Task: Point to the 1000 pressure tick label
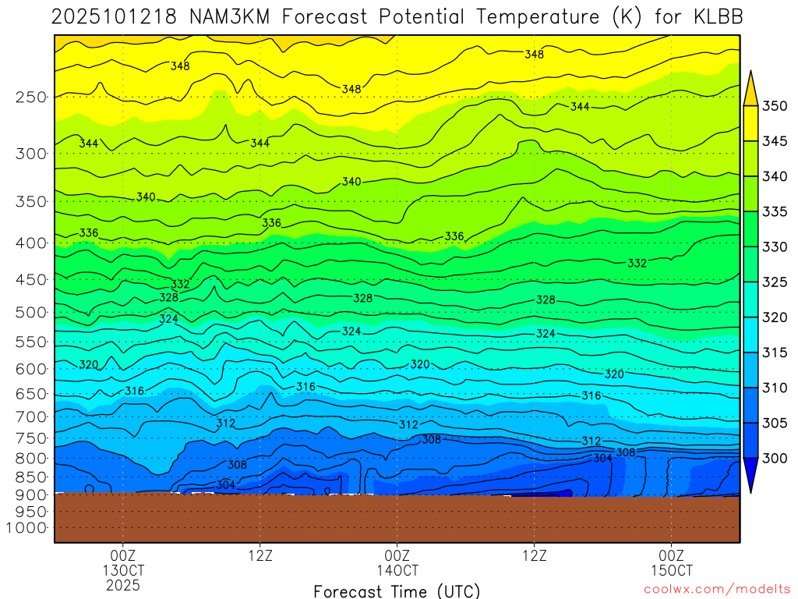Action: (26, 528)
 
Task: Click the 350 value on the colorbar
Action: (775, 106)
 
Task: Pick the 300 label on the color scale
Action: (775, 458)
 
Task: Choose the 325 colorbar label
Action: (775, 282)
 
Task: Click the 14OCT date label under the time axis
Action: (397, 570)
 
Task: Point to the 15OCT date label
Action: (671, 570)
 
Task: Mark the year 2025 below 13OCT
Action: (122, 584)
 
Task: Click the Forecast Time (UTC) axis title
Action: (397, 591)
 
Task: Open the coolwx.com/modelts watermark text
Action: (716, 590)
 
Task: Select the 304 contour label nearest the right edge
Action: (602, 458)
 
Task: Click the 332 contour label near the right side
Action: (637, 264)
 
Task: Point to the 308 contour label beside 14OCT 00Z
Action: (431, 439)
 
